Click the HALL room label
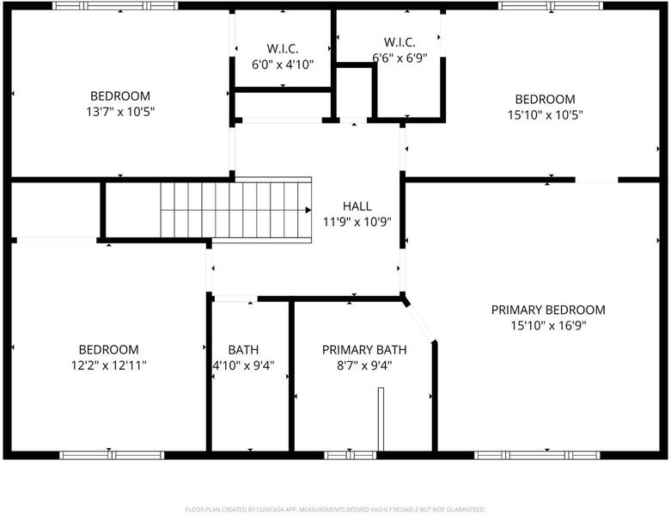point(357,206)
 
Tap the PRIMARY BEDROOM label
point(548,310)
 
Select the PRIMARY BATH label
point(364,350)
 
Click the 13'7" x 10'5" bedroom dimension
point(120,112)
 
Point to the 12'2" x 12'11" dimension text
point(109,365)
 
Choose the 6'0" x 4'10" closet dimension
point(283,64)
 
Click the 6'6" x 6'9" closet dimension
point(400,58)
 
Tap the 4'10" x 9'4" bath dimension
point(243,365)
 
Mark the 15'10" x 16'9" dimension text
point(548,326)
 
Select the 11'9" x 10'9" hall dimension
point(357,222)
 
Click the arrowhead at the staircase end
point(308,210)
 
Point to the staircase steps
point(235,210)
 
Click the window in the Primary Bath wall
point(350,455)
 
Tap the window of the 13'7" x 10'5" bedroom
point(115,6)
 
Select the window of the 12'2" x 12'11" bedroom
point(112,455)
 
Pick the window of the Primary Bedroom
point(537,455)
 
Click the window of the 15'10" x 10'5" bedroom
point(551,6)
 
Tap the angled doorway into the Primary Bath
point(420,322)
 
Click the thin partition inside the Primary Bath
point(381,419)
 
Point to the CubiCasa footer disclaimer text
point(335,510)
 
